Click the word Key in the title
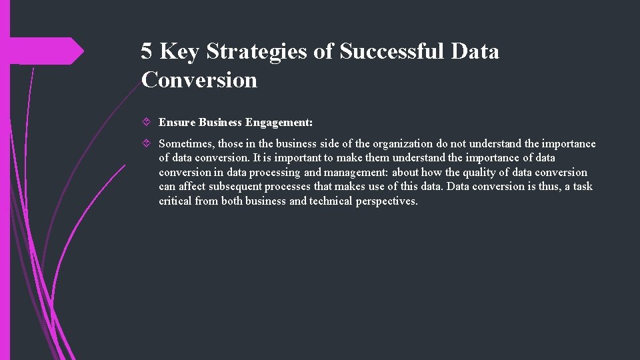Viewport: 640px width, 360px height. [x=181, y=51]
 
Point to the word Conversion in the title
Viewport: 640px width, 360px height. [x=199, y=80]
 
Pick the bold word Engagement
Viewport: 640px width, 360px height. [x=279, y=123]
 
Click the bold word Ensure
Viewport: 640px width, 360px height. [x=177, y=123]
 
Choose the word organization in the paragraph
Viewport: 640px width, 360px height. [x=403, y=144]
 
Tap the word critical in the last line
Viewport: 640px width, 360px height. [x=175, y=201]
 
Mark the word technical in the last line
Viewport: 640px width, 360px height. [x=331, y=201]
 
